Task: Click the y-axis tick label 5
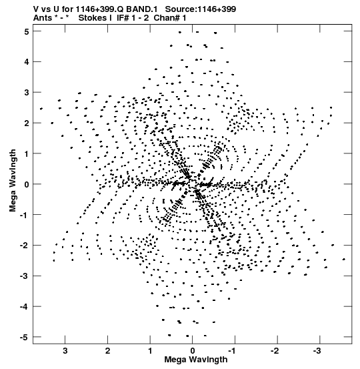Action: coord(27,31)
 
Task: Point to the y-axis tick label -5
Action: coord(25,337)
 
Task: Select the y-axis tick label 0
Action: coord(27,184)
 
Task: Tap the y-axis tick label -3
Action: coord(25,276)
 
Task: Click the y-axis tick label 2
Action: coord(27,123)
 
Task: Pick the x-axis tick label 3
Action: coord(65,351)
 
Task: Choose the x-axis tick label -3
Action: coord(317,351)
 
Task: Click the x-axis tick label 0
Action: coord(193,351)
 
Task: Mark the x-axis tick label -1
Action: coord(232,351)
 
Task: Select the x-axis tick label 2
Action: coord(108,351)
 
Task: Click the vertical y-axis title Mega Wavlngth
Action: coord(13,181)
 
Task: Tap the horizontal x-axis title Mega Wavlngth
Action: coord(196,360)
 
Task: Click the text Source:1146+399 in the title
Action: coord(201,9)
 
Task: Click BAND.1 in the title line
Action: coord(142,9)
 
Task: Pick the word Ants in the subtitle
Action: coord(42,18)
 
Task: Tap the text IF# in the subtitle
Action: coord(123,18)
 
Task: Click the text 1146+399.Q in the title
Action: coord(100,9)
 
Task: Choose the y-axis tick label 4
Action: coord(27,62)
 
